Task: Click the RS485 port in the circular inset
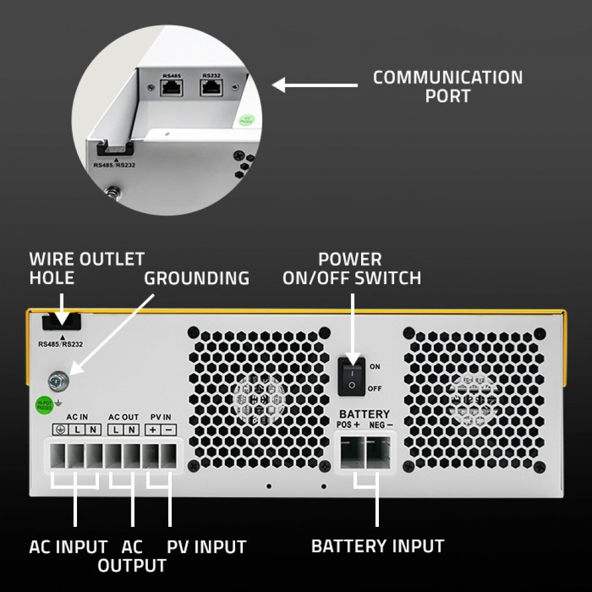[170, 88]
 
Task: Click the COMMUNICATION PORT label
[448, 86]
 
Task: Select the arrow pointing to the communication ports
[315, 85]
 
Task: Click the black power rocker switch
[352, 375]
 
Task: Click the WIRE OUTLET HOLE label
[86, 268]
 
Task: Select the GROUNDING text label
[197, 278]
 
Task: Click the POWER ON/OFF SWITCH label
[352, 268]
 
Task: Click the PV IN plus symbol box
[153, 429]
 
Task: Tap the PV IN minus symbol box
[168, 429]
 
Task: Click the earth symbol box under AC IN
[60, 429]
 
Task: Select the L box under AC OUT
[115, 429]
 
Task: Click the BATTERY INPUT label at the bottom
[377, 546]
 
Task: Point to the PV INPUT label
[206, 546]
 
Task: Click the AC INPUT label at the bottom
[69, 546]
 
